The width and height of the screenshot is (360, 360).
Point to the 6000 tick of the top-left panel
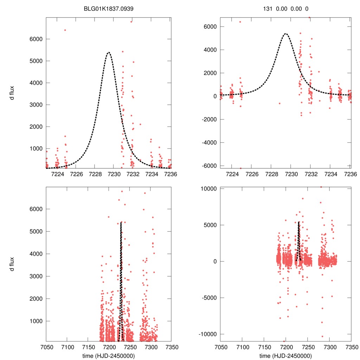(35, 39)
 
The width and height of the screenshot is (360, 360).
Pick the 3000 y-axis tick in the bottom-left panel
(35, 276)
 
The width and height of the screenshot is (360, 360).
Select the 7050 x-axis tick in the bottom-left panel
(46, 346)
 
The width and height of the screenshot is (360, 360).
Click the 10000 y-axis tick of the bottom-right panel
(209, 188)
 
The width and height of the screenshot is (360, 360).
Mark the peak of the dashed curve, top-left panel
(108, 52)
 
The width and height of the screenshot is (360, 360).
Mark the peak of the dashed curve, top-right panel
(285, 34)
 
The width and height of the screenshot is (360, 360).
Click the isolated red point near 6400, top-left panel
(65, 30)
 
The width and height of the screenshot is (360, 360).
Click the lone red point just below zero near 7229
(279, 103)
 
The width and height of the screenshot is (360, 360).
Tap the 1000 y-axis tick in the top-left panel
(35, 149)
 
